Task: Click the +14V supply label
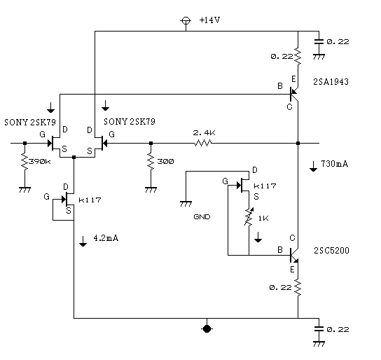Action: [209, 20]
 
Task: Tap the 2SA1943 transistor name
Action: [331, 82]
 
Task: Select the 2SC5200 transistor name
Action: [331, 251]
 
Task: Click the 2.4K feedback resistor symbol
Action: [202, 143]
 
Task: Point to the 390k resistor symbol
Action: [25, 161]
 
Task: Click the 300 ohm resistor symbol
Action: [151, 161]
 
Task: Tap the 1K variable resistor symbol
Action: [249, 216]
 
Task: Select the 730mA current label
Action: [335, 164]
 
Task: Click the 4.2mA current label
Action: [106, 238]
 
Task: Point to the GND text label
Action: [202, 216]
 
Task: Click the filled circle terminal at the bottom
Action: [207, 329]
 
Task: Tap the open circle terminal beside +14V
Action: [186, 20]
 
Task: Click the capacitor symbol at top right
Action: [319, 41]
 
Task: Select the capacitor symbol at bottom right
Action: [319, 329]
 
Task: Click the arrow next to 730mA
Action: [313, 167]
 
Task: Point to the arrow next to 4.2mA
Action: [83, 241]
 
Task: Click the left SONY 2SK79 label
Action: [30, 122]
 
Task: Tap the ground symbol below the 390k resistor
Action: [25, 190]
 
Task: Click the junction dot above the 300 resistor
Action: [151, 143]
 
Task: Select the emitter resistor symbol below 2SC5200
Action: [298, 287]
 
